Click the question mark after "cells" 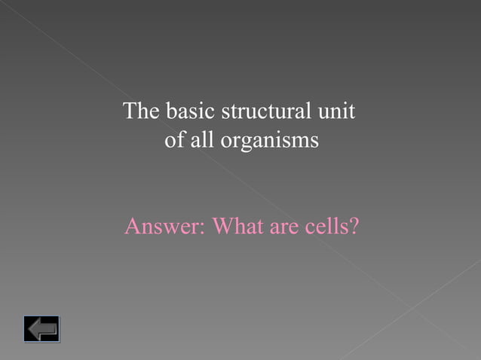352,226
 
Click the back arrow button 41,329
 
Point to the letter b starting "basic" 170,112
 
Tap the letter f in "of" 178,140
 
